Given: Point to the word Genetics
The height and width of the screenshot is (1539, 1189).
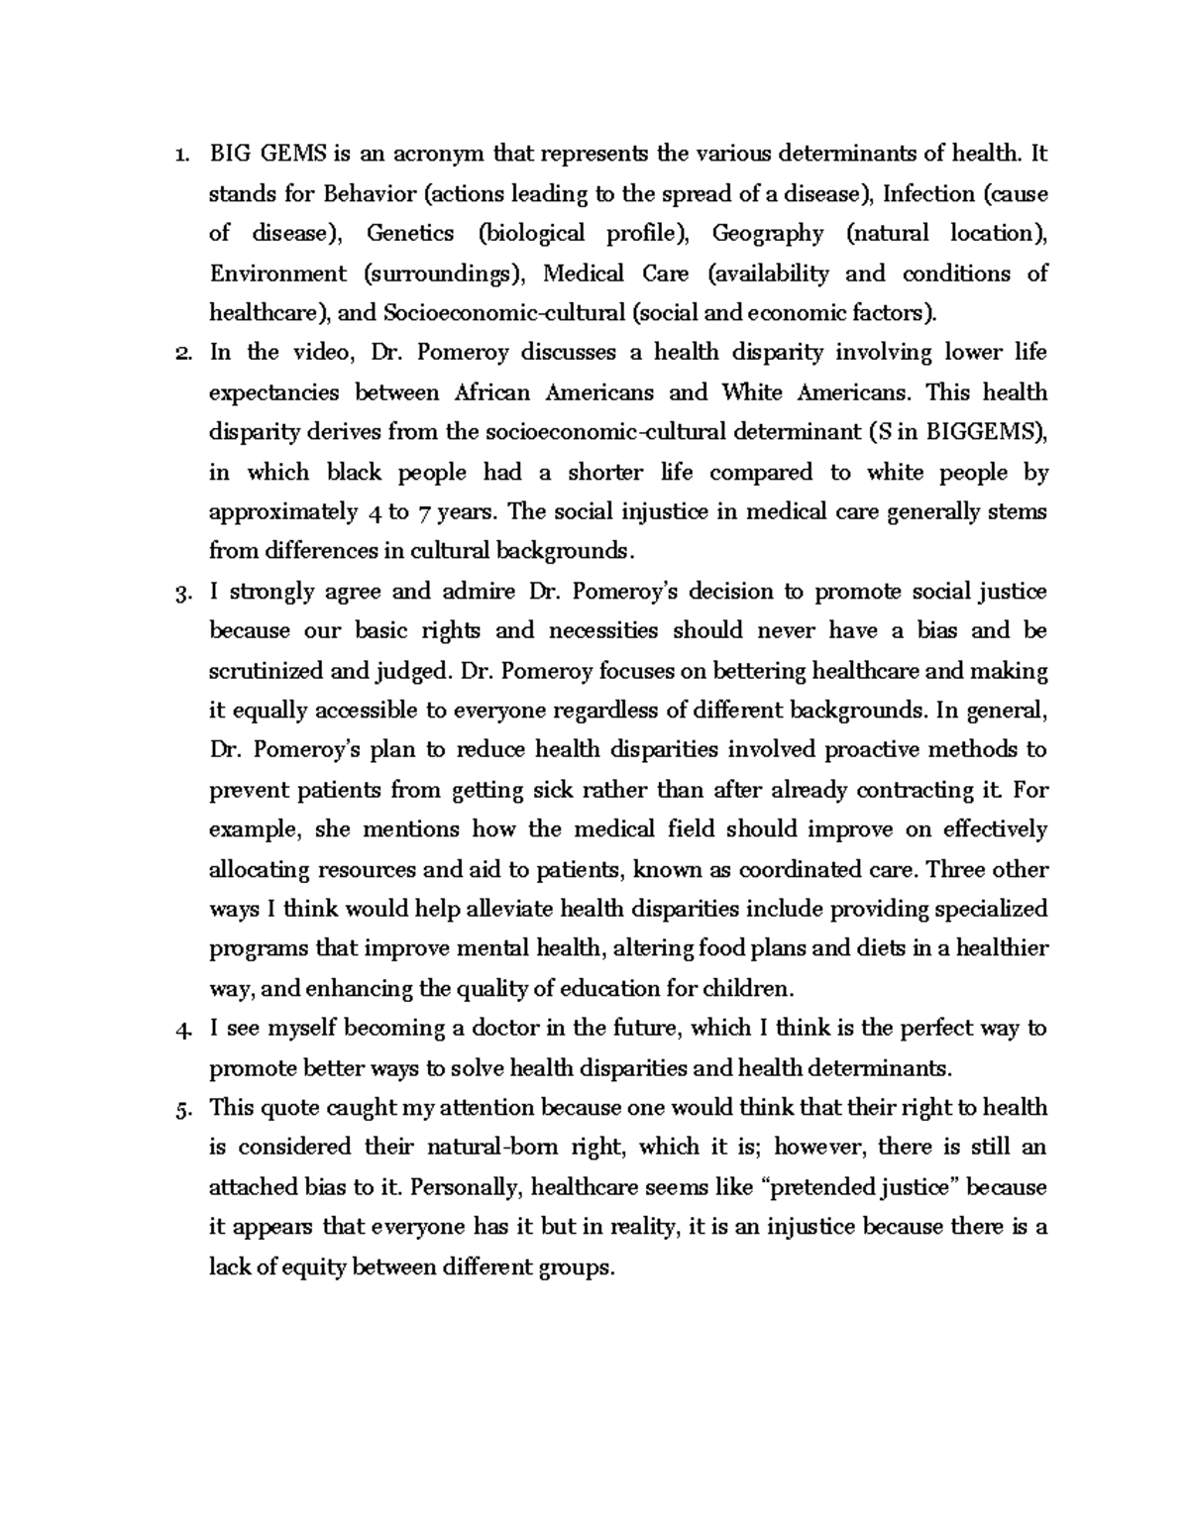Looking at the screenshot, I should point(410,233).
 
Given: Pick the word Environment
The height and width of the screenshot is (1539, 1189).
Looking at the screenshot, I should point(277,274).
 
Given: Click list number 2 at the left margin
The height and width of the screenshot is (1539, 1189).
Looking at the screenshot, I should point(180,354).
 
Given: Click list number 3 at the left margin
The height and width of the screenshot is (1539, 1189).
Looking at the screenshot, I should point(180,593).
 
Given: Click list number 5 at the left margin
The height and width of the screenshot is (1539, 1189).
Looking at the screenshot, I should point(180,1109).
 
